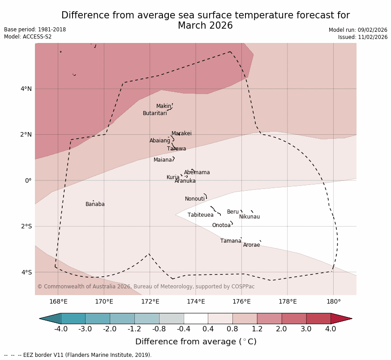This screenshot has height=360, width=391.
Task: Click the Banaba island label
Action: [95, 205]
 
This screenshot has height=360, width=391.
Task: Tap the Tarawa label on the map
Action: [176, 149]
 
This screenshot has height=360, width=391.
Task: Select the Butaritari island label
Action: [155, 114]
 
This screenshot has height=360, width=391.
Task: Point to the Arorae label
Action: [251, 245]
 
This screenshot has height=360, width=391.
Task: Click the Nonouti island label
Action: [195, 199]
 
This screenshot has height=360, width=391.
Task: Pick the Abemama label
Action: [197, 172]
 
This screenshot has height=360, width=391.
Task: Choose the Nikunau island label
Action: [249, 217]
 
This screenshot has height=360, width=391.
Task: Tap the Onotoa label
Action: [221, 225]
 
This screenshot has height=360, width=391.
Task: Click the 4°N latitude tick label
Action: [26, 89]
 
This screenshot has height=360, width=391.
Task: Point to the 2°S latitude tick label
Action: [26, 227]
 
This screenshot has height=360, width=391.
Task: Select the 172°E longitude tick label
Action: [150, 302]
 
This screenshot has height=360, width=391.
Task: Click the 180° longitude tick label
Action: [333, 302]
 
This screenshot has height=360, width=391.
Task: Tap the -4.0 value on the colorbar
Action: [61, 329]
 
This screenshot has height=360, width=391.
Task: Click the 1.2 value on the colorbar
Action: [257, 329]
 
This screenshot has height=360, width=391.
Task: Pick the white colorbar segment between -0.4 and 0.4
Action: [196, 318]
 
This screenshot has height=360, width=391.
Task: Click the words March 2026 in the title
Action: [205, 26]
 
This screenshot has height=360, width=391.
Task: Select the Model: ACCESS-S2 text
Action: [28, 37]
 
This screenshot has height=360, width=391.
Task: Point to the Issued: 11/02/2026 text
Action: [362, 37]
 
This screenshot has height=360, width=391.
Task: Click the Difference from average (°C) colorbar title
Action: [196, 342]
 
